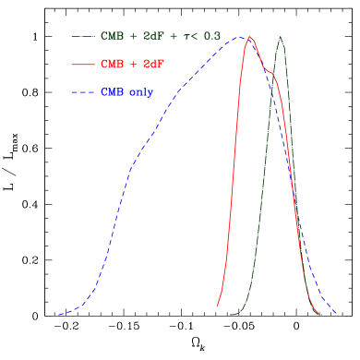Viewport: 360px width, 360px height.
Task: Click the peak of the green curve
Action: coord(281,37)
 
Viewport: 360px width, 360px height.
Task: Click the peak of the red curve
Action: coord(249,37)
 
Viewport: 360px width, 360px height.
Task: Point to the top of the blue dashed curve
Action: coord(239,37)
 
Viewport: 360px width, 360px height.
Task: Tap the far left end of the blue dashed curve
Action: coord(59,315)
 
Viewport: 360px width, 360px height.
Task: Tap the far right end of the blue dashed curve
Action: coord(334,314)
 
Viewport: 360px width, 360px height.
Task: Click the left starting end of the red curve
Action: coord(218,305)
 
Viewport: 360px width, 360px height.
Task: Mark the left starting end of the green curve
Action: coord(231,315)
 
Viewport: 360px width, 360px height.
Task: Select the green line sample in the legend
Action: coord(83,36)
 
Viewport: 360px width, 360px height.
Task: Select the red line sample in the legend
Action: coord(83,65)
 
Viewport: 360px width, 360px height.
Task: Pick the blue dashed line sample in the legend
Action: coord(83,92)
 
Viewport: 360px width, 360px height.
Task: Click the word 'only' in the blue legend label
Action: coord(140,92)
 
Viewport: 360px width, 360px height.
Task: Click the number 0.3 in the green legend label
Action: coord(211,36)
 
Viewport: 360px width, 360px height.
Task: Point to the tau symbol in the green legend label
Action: coord(187,36)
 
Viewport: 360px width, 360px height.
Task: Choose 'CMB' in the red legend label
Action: coord(112,65)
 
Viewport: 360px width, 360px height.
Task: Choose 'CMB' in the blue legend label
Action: coord(112,92)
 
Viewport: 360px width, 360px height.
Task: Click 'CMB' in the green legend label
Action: coord(112,36)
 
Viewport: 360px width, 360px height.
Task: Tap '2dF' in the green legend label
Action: coord(154,36)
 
